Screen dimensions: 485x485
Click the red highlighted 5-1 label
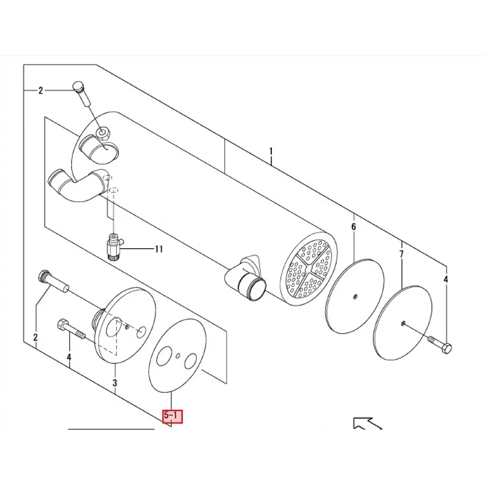(172, 416)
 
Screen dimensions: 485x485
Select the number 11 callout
(159, 249)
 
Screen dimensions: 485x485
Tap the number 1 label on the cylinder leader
(271, 152)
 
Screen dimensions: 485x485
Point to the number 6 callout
(353, 227)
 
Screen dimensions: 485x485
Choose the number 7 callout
(401, 254)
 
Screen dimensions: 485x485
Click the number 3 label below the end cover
(115, 383)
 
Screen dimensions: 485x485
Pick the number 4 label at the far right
(445, 279)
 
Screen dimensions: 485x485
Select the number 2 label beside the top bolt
(41, 90)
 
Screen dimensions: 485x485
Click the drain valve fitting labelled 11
(114, 246)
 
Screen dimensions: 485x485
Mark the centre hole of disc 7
(403, 323)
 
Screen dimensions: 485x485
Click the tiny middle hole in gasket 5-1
(178, 355)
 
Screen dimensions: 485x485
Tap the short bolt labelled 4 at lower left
(71, 330)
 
